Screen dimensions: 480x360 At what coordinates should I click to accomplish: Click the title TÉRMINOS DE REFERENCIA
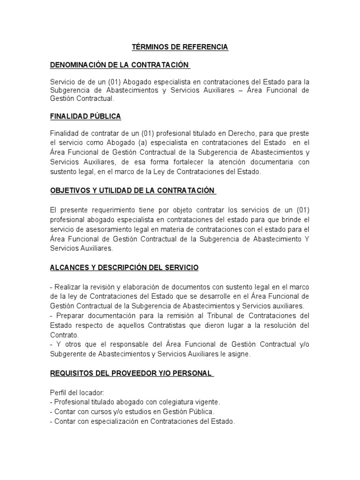point(180,47)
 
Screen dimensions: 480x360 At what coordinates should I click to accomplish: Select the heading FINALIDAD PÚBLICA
point(85,116)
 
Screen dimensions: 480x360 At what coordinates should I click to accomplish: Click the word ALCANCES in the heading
point(69,268)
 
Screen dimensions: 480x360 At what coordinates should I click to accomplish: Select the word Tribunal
point(209,315)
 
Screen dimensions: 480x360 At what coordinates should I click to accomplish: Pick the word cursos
point(94,412)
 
